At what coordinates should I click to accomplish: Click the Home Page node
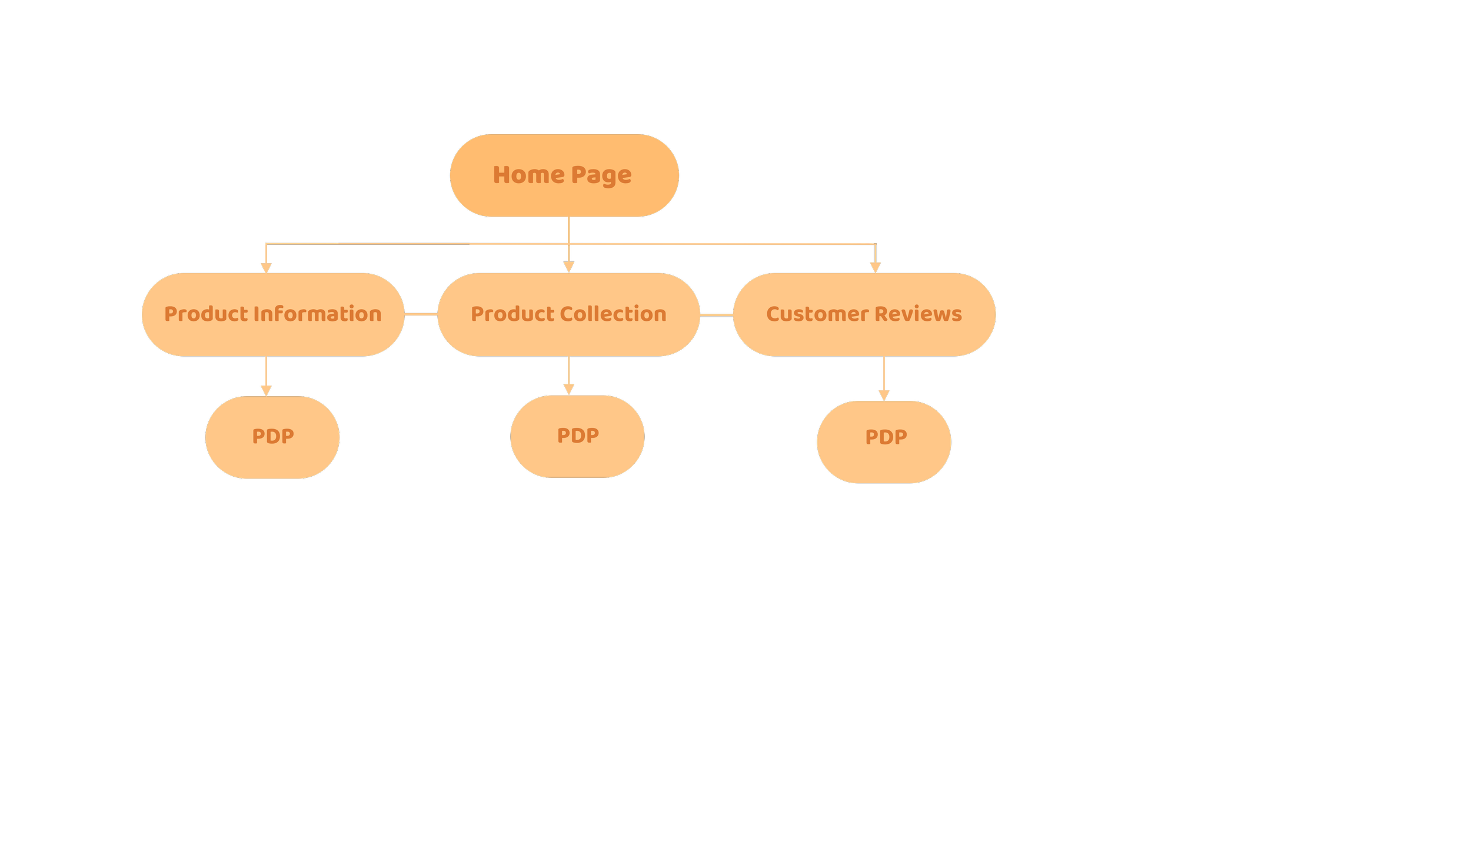pos(564,175)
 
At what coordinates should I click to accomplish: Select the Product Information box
pos(273,314)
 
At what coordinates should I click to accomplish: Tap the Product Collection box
pos(568,314)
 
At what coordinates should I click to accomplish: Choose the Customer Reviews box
pos(864,314)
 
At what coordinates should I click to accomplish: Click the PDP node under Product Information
pos(272,437)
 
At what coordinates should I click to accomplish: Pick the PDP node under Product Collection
pos(577,436)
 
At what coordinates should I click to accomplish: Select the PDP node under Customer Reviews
pos(884,442)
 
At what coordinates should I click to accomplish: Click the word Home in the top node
pos(528,175)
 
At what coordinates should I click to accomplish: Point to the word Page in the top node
pos(601,175)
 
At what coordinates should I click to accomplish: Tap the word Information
pos(318,314)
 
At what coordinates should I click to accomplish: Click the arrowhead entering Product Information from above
pos(266,268)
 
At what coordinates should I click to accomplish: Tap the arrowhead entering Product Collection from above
pos(568,268)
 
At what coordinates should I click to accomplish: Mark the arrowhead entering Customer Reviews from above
pos(875,268)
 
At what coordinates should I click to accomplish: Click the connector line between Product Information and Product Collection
pos(421,314)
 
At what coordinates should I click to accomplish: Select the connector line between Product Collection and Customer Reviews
pos(716,315)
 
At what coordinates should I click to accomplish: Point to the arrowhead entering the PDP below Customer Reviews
pos(884,396)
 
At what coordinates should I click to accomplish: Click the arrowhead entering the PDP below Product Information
pos(266,391)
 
